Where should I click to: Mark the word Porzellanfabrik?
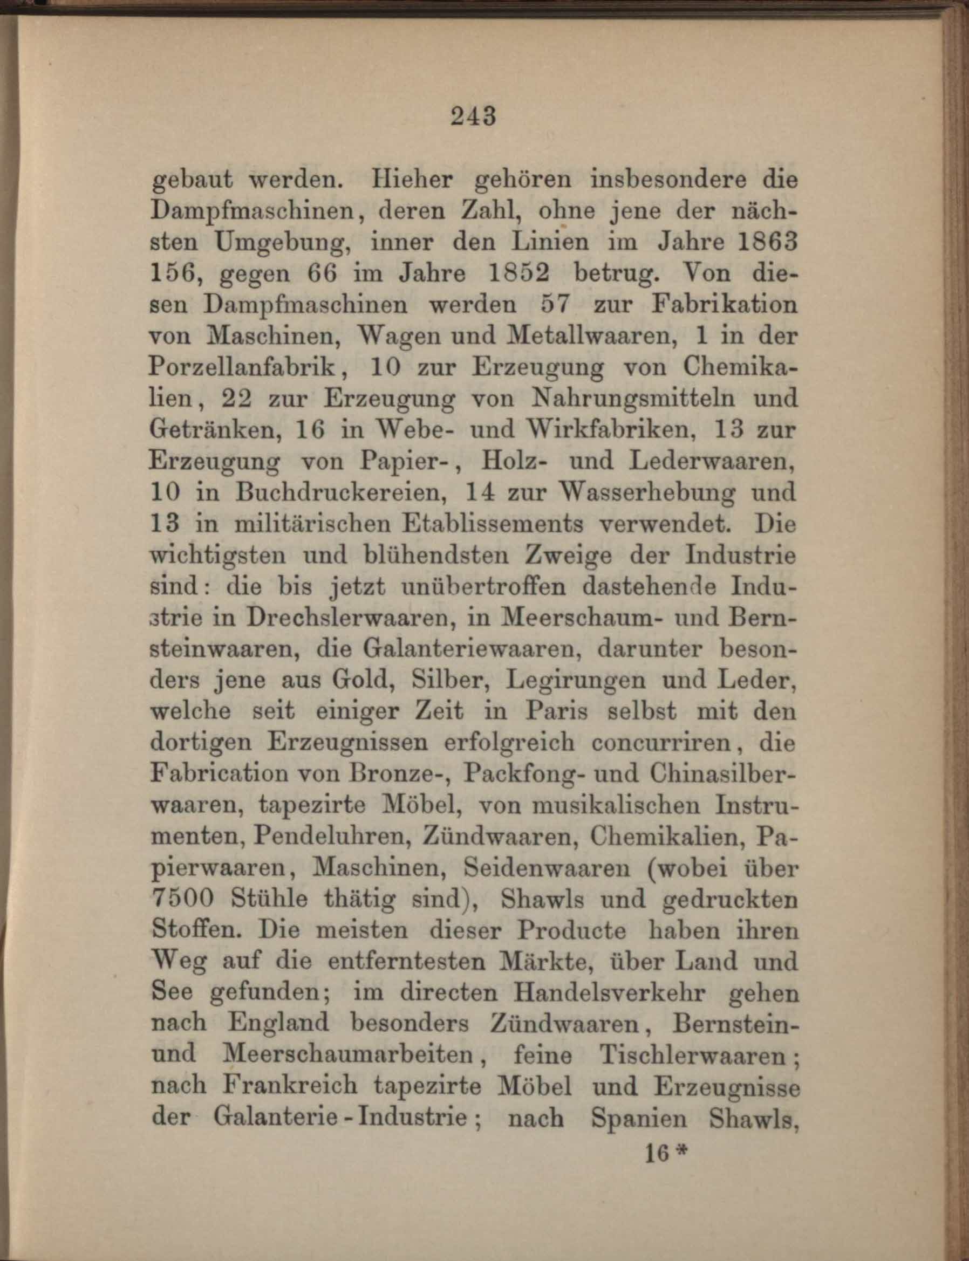click(x=245, y=368)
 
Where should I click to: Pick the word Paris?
click(x=556, y=712)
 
